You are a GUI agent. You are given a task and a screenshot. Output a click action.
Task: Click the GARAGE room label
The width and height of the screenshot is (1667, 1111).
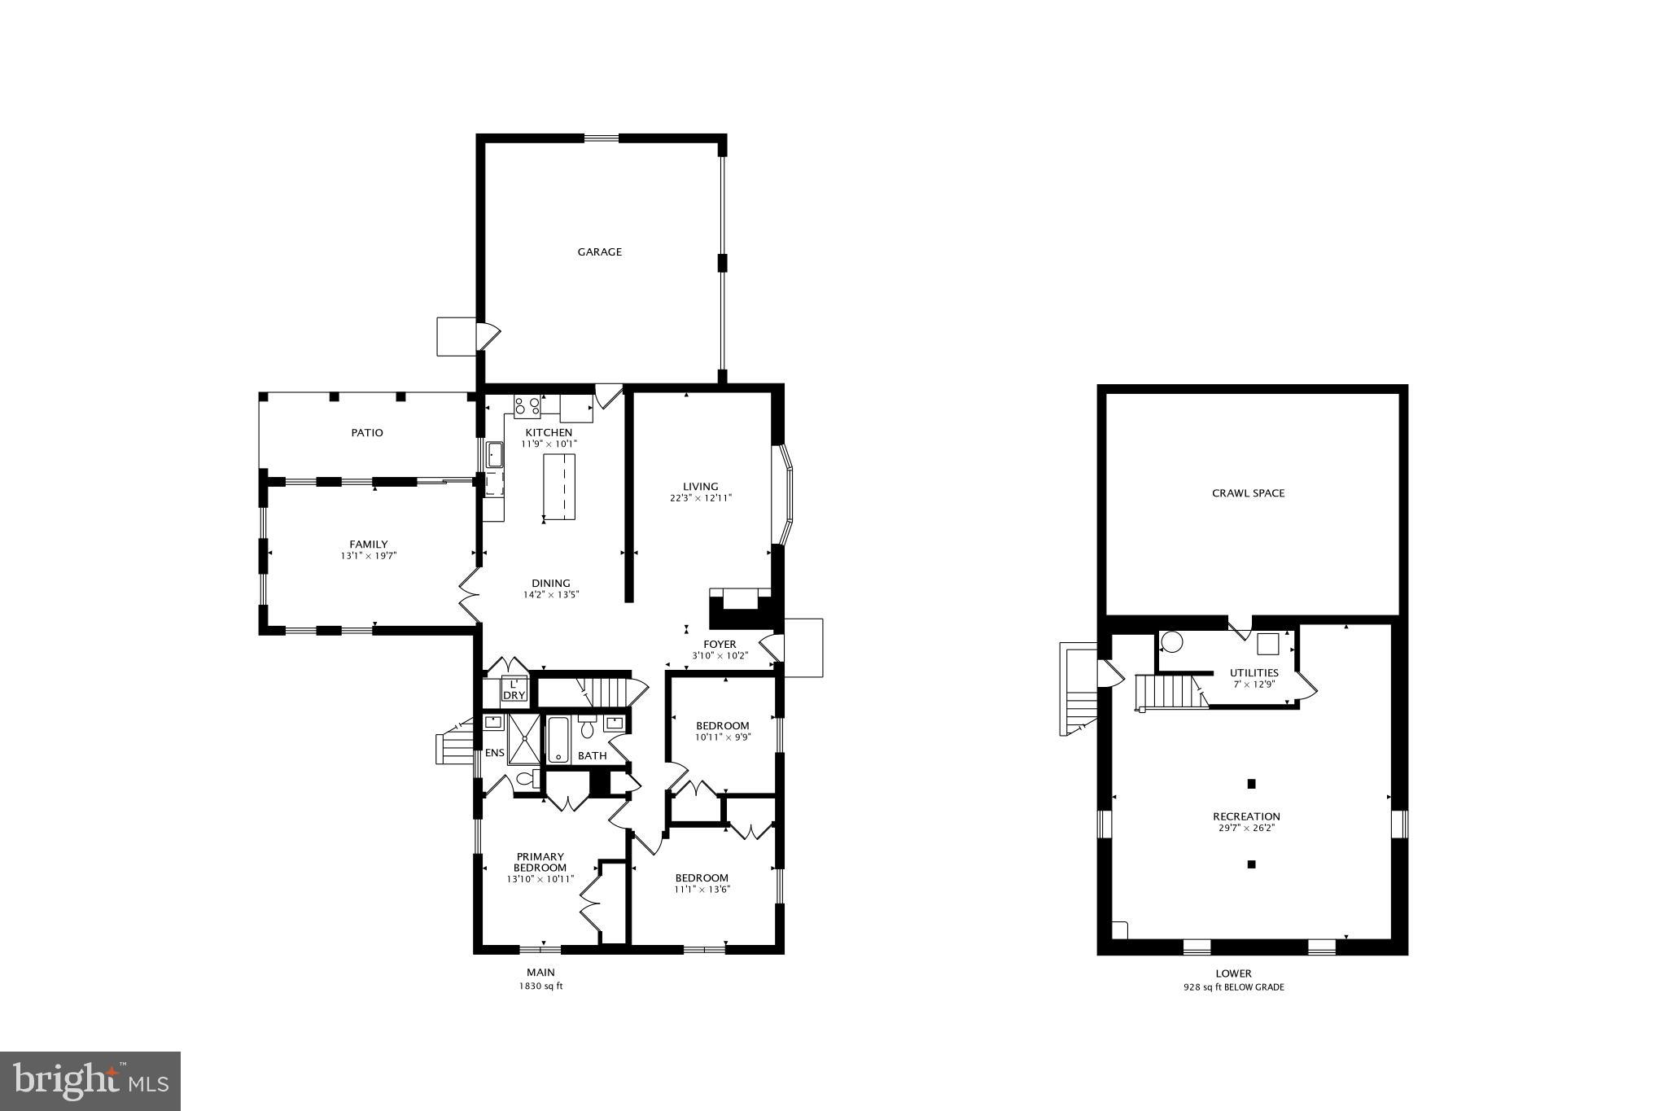(600, 252)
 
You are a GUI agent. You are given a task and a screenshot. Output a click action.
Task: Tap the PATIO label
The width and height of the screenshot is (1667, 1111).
(367, 433)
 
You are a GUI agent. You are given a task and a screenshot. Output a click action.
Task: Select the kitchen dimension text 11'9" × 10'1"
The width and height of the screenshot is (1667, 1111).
(549, 444)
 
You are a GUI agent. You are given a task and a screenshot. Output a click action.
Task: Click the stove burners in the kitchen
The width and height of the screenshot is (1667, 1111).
(527, 405)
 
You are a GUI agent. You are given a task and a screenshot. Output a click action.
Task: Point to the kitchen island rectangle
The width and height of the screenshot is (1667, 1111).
(559, 487)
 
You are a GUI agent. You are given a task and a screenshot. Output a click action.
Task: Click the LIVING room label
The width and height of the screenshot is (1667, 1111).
(701, 487)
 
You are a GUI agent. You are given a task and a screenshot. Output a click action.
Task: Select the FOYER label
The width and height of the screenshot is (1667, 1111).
(720, 645)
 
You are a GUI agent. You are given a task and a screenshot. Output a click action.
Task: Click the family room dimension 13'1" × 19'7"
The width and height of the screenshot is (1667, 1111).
(369, 556)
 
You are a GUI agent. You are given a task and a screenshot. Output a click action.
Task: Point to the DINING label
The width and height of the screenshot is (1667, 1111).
(551, 583)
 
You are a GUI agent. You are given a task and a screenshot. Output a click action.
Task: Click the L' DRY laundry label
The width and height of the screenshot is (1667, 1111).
(514, 690)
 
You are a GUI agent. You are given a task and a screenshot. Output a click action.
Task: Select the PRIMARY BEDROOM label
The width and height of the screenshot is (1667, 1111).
(540, 862)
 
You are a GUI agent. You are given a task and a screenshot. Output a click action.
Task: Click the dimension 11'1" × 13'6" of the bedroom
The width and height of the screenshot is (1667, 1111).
(702, 890)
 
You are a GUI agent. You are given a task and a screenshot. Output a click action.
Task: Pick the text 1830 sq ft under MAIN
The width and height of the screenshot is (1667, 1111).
(541, 986)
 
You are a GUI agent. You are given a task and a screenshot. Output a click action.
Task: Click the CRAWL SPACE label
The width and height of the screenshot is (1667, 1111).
(1248, 493)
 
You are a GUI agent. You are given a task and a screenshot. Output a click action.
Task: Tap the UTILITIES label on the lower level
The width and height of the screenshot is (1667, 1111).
(1254, 673)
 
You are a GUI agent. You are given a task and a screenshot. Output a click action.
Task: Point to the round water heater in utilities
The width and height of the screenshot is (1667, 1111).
(1171, 642)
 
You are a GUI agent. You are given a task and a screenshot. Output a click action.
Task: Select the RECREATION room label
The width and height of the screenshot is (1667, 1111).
(1246, 816)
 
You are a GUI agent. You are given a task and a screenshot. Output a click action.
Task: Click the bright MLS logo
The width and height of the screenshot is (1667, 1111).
(90, 1081)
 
